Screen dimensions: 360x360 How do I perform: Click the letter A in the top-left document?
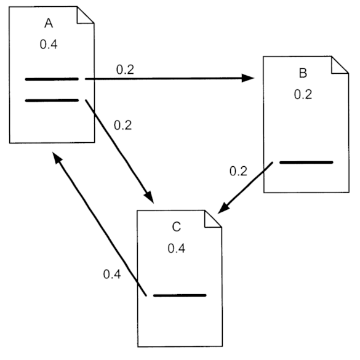49,23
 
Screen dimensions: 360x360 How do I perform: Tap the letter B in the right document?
302,74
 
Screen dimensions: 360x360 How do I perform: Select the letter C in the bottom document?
176,228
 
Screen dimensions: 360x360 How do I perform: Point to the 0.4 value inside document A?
49,45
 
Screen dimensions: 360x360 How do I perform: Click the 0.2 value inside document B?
302,95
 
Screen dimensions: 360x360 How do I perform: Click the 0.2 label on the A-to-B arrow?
126,69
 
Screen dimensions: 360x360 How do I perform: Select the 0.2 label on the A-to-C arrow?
124,125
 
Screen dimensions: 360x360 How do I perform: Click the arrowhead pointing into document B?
249,78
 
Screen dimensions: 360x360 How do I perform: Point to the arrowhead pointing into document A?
57,159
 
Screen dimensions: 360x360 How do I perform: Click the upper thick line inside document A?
52,79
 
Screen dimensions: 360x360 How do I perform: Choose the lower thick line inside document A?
52,100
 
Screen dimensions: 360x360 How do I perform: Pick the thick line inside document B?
306,162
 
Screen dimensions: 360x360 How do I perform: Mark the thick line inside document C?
179,296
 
